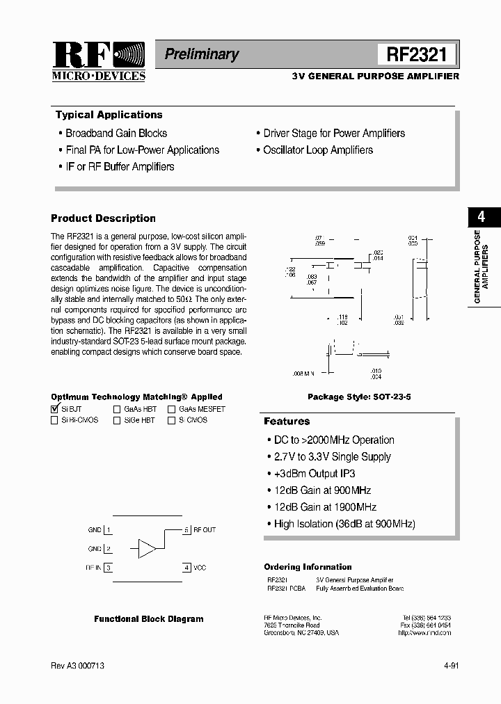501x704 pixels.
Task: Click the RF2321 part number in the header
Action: [x=417, y=54]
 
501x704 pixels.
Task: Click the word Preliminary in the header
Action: [x=201, y=54]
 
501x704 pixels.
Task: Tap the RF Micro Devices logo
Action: [x=99, y=61]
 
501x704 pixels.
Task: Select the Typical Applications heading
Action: [x=109, y=115]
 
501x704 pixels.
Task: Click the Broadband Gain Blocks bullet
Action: [x=116, y=133]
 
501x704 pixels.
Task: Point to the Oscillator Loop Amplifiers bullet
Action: [x=317, y=150]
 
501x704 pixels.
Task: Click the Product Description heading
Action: [x=103, y=218]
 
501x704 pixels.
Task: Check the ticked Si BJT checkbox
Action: [x=55, y=410]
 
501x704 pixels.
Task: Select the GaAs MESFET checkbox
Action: [x=171, y=410]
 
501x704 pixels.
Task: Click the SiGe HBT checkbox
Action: [x=117, y=421]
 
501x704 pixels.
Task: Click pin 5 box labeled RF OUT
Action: [x=186, y=530]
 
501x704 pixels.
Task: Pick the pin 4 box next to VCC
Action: [x=186, y=568]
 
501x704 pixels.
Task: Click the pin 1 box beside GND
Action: [x=109, y=530]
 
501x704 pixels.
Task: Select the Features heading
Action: [x=287, y=422]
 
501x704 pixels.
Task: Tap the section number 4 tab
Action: [x=481, y=216]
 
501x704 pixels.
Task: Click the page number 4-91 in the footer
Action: [x=450, y=666]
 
